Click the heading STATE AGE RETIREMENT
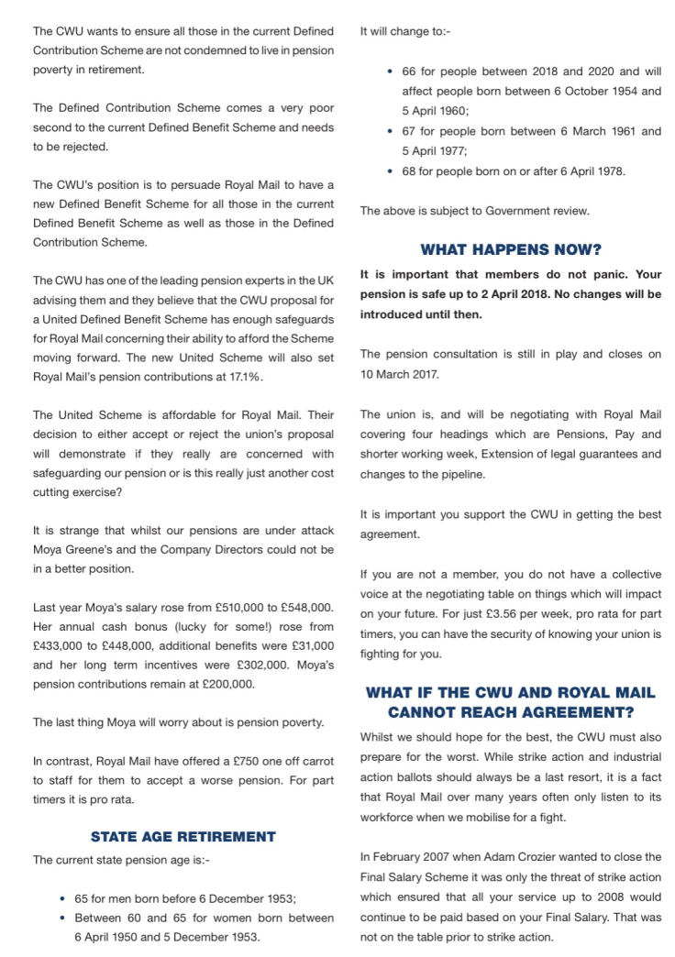(x=183, y=836)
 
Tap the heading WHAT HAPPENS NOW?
(x=510, y=248)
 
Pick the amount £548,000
(x=304, y=609)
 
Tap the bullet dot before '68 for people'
(x=392, y=170)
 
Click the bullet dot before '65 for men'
(x=62, y=899)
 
